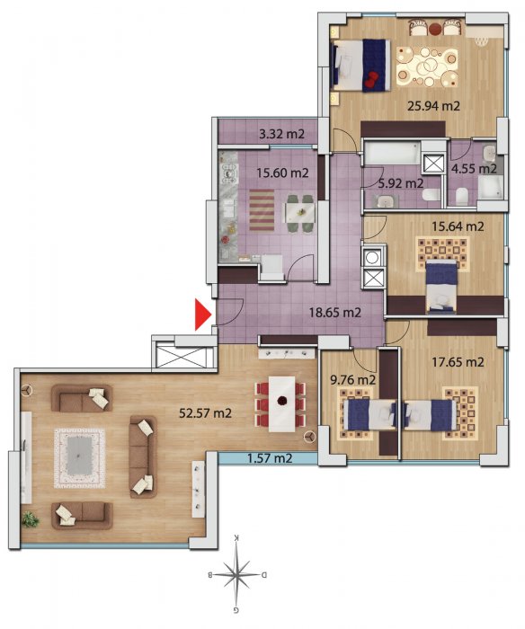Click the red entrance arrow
202,314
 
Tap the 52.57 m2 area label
205,412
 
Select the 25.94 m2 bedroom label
433,106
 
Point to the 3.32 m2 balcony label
281,134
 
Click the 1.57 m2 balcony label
270,457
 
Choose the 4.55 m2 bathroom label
474,169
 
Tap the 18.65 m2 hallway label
334,312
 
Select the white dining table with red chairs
281,403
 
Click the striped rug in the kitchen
262,210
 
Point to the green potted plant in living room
31,519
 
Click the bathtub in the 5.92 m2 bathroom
392,153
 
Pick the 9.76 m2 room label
352,379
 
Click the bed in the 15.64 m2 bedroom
441,287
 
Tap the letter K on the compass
236,537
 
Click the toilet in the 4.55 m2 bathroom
462,196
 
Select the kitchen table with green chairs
300,213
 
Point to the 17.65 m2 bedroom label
458,362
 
